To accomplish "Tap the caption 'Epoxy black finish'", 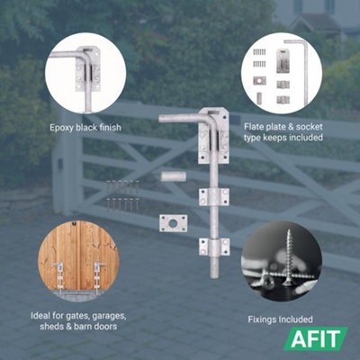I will point(85,128).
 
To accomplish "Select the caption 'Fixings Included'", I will point(281,319).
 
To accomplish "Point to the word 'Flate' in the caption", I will point(257,128).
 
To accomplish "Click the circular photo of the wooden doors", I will point(78,261).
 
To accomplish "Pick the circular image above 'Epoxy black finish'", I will point(85,72).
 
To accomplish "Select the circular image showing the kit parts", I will point(282,72).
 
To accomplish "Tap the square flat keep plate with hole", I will point(173,222).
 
